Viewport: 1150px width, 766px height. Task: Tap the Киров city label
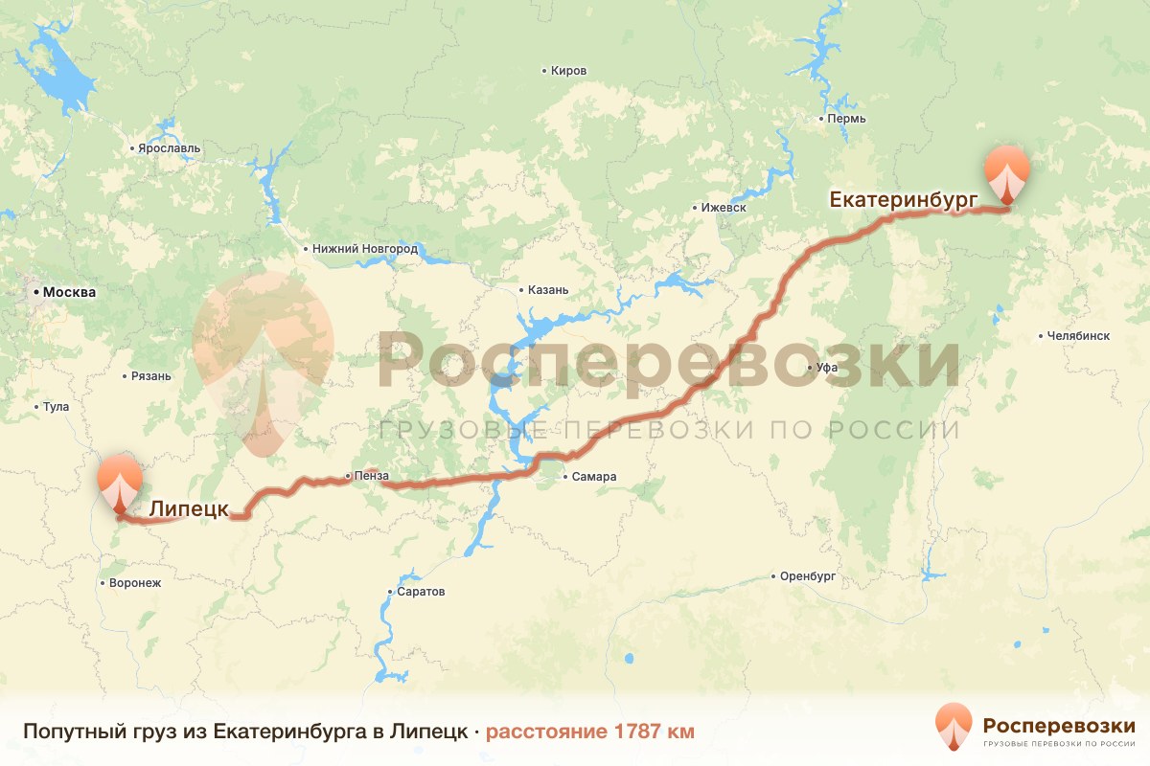[568, 71]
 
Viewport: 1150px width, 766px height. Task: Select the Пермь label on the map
[846, 119]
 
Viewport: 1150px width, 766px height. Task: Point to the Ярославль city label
[170, 148]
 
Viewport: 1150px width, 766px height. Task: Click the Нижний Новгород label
[365, 249]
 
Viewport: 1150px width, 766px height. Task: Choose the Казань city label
[548, 290]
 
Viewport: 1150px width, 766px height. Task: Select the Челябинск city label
[1078, 336]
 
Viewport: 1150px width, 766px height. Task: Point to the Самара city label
[594, 477]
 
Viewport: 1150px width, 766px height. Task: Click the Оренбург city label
[809, 576]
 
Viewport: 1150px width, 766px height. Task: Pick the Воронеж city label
[135, 582]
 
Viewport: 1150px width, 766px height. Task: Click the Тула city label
[56, 407]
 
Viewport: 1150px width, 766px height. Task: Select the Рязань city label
[151, 376]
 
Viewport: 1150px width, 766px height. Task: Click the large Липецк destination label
[189, 509]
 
